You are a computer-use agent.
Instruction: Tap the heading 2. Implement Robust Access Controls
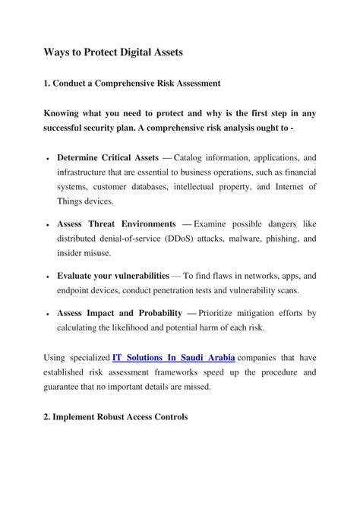tap(115, 417)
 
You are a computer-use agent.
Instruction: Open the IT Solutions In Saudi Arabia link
tap(173, 357)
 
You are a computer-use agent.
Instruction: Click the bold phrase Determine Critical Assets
tap(108, 157)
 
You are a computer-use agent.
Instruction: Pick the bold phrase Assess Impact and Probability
tap(119, 312)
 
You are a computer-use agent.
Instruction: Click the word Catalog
tap(191, 157)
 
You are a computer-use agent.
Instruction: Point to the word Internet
tap(276, 186)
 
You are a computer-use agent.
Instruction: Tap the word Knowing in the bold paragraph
tap(63, 113)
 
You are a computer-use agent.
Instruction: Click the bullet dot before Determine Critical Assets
tap(48, 159)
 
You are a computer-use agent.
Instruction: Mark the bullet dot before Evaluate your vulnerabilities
tap(48, 277)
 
